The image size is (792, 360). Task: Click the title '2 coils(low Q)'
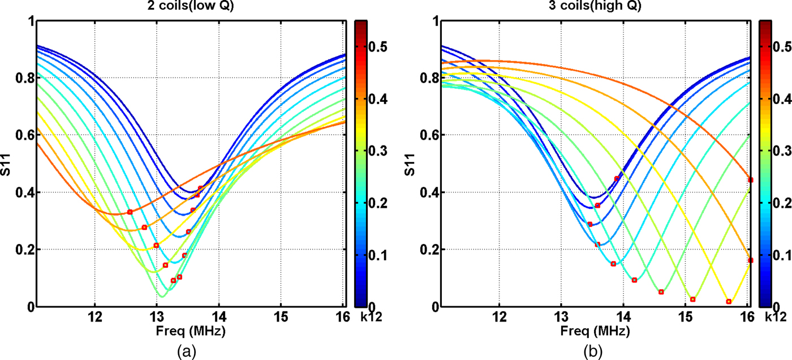point(191,7)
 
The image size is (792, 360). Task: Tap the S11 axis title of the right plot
point(412,164)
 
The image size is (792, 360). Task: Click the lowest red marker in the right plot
point(729,302)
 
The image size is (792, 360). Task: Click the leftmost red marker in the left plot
point(130,212)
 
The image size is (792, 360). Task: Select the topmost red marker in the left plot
point(200,188)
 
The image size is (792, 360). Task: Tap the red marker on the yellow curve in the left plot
point(156,245)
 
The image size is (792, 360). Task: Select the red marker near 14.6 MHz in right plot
point(661,292)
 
